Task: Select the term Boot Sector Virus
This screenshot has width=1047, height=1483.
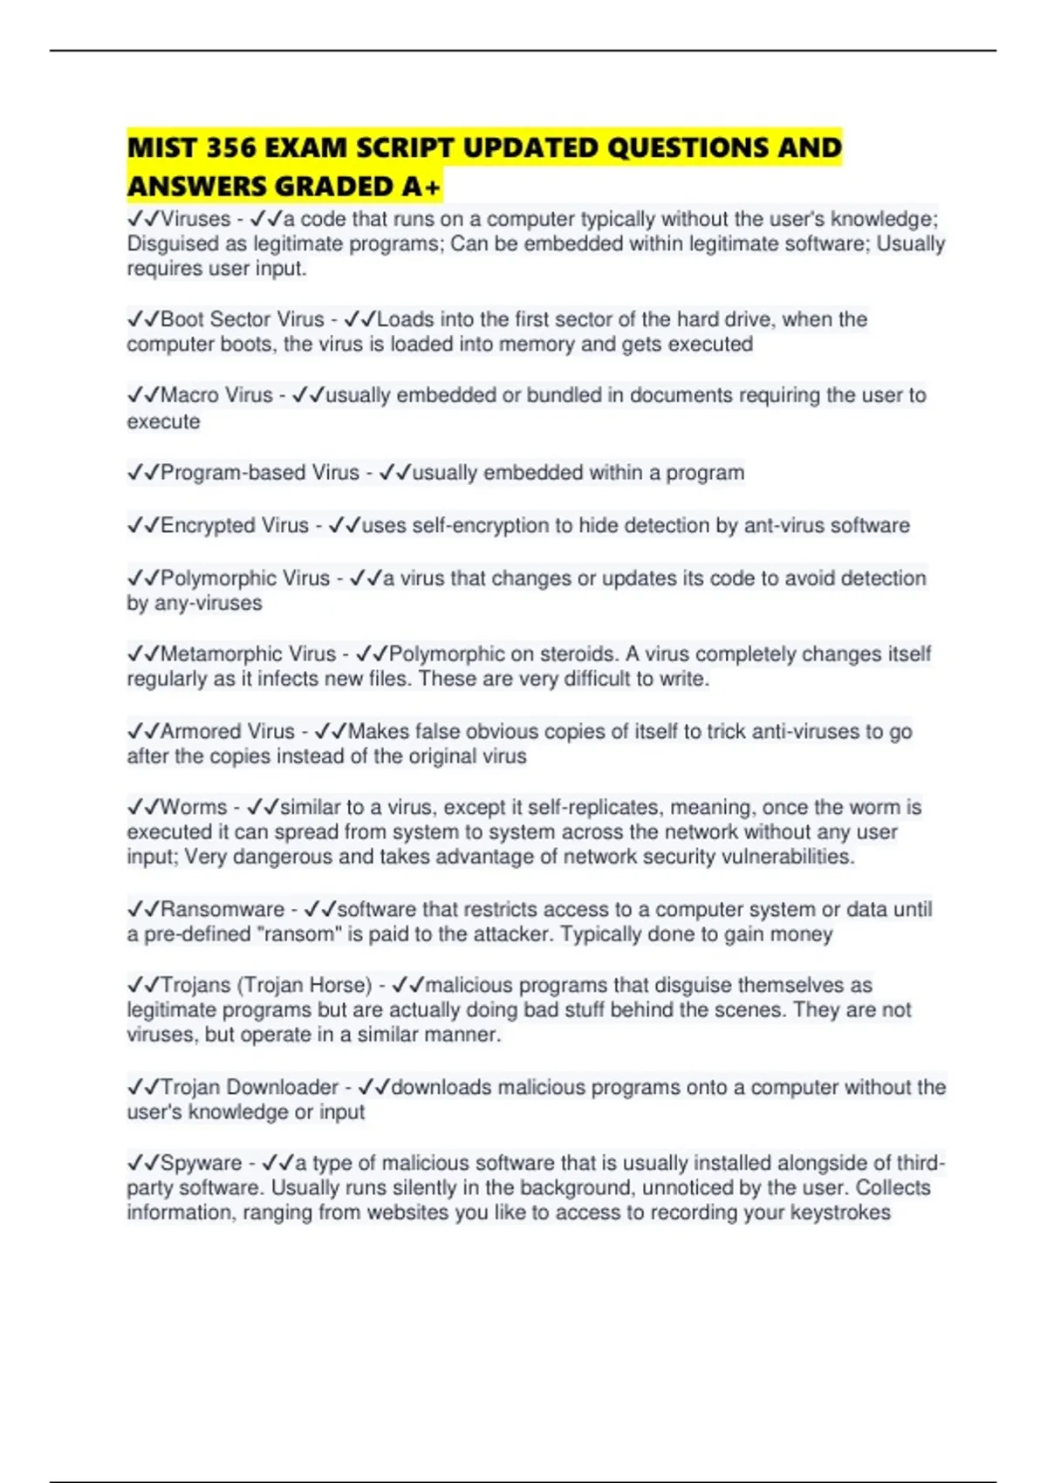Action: tap(242, 319)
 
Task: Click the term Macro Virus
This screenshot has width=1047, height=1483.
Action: tap(216, 395)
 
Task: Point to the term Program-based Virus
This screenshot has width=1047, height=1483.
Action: tap(259, 473)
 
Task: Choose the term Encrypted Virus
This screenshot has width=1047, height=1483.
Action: tap(234, 525)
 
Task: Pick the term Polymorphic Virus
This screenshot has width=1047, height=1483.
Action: tap(244, 578)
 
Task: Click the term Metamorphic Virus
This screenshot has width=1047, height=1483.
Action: tap(248, 654)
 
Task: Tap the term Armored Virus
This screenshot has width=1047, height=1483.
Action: tap(227, 731)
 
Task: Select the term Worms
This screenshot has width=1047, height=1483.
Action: tap(193, 807)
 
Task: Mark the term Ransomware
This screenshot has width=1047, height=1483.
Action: tap(222, 909)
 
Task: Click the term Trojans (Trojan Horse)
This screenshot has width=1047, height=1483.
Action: tap(266, 985)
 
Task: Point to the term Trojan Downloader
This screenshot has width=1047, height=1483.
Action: tap(249, 1087)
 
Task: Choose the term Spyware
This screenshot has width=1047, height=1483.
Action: tap(201, 1163)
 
